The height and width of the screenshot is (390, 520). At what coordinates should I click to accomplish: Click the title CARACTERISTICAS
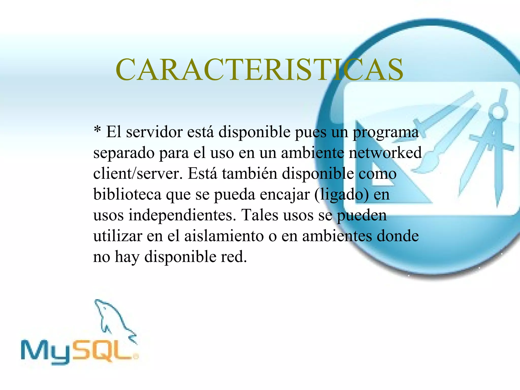259,69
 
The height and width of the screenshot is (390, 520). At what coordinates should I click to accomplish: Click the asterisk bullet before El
97,130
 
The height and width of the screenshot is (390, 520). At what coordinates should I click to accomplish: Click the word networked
385,153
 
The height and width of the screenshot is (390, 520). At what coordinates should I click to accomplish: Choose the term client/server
138,174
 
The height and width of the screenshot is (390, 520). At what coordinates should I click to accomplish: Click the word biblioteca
127,195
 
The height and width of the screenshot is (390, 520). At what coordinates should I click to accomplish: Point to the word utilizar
118,236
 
